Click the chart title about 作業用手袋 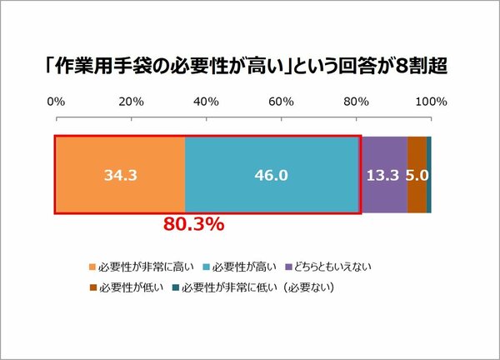tap(249, 67)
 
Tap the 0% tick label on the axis tap(56, 102)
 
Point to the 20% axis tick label tap(130, 102)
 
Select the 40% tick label tap(206, 102)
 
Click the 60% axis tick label tap(281, 102)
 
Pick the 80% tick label tap(356, 102)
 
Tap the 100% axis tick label tap(430, 102)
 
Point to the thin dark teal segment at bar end tap(429, 175)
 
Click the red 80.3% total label tap(192, 225)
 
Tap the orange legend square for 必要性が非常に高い tap(92, 267)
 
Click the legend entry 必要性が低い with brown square tap(129, 287)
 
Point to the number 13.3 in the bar tap(381, 176)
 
